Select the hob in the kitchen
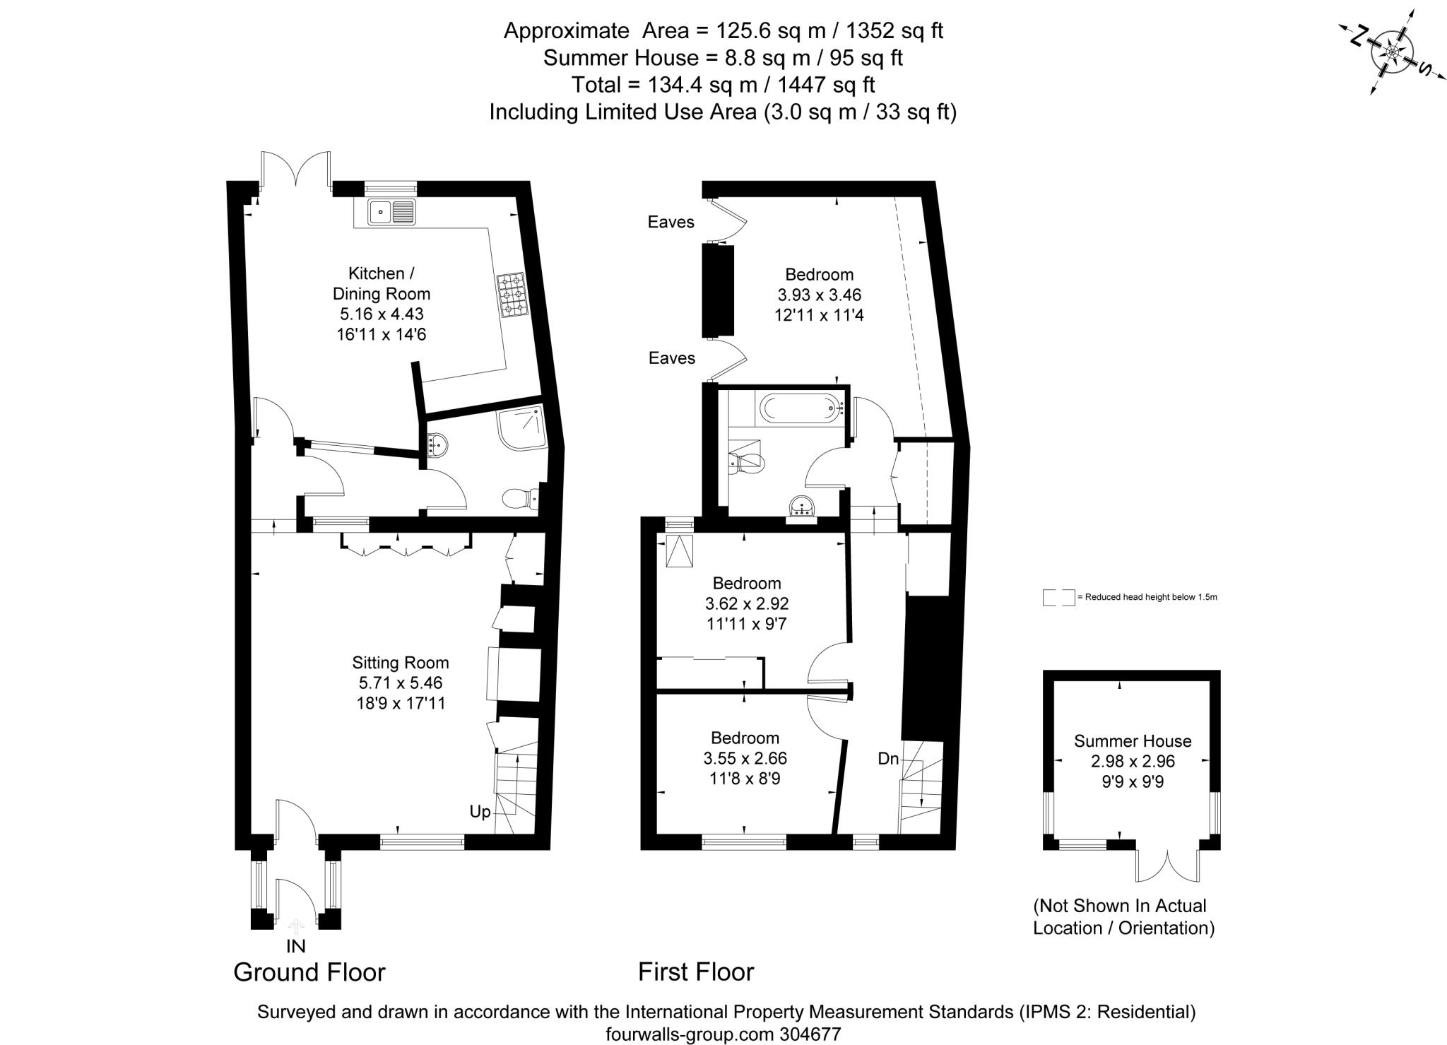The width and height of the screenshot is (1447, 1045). (511, 295)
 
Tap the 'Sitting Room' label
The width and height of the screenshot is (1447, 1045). (401, 663)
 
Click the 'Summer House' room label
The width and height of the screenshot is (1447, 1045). (1133, 741)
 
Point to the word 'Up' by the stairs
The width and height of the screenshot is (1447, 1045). (480, 812)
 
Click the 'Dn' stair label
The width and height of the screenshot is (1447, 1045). (888, 759)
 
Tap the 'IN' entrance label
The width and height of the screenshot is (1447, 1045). (296, 945)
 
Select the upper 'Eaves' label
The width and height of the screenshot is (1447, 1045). (671, 222)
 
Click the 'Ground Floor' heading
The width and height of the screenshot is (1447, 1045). (309, 972)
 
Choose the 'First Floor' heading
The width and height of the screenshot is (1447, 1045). (696, 972)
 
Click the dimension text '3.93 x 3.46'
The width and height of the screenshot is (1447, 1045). (820, 295)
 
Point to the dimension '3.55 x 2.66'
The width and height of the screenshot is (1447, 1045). (745, 759)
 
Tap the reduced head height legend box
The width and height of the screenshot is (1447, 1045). (1058, 598)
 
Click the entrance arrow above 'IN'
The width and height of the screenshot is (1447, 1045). (296, 926)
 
